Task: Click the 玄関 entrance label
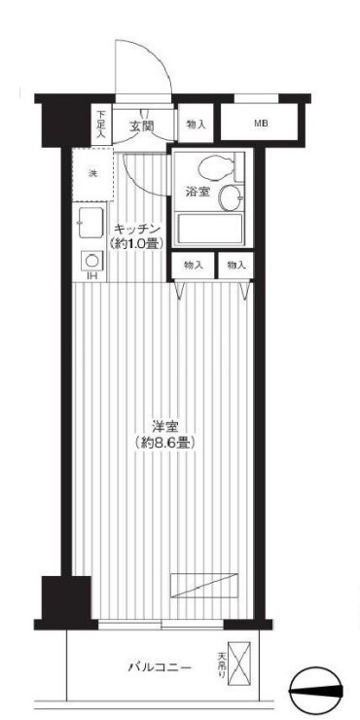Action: pos(141,126)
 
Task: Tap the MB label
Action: pos(261,124)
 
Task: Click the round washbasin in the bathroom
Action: pos(231,198)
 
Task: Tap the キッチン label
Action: pos(135,229)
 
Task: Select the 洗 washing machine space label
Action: pos(93,173)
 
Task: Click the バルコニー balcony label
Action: pos(160,667)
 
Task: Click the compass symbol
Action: pos(317,692)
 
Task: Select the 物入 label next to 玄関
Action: pos(196,125)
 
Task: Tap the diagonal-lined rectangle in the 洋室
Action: pos(204,586)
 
